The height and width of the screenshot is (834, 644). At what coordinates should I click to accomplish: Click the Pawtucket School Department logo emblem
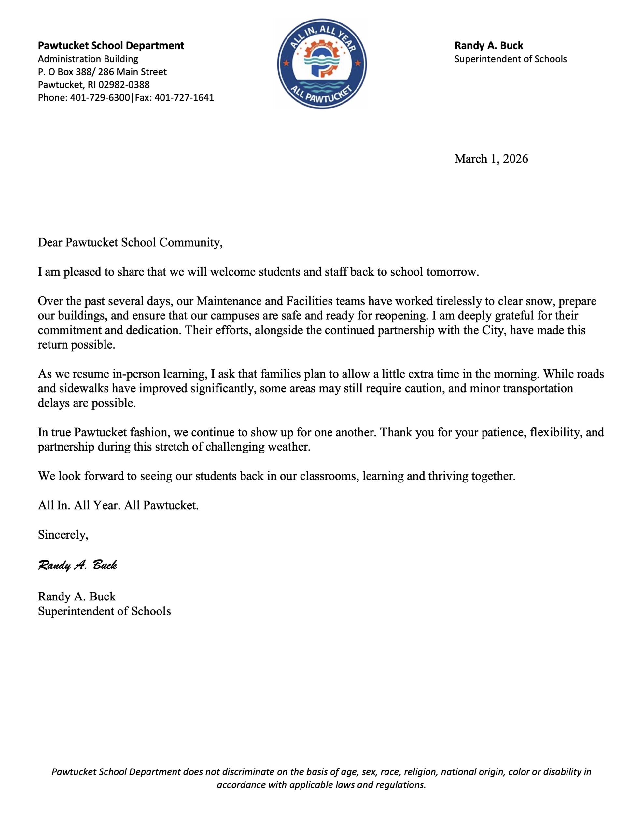pos(321,64)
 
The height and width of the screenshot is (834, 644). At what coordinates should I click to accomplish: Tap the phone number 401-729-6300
pos(100,97)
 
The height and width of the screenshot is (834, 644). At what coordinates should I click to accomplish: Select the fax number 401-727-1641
pos(184,97)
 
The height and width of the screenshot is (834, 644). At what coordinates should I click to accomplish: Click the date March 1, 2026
pos(491,159)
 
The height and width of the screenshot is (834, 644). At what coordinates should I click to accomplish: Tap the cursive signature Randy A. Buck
pos(77,566)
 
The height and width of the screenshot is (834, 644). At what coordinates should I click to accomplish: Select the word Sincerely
pos(63,535)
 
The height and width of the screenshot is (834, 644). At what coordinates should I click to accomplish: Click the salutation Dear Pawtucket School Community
pos(130,243)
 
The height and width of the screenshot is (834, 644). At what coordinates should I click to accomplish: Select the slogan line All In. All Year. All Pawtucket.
pos(118,506)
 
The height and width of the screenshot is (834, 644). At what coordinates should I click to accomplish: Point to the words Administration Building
pos(88,59)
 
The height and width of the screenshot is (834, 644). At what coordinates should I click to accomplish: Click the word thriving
pos(449,476)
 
